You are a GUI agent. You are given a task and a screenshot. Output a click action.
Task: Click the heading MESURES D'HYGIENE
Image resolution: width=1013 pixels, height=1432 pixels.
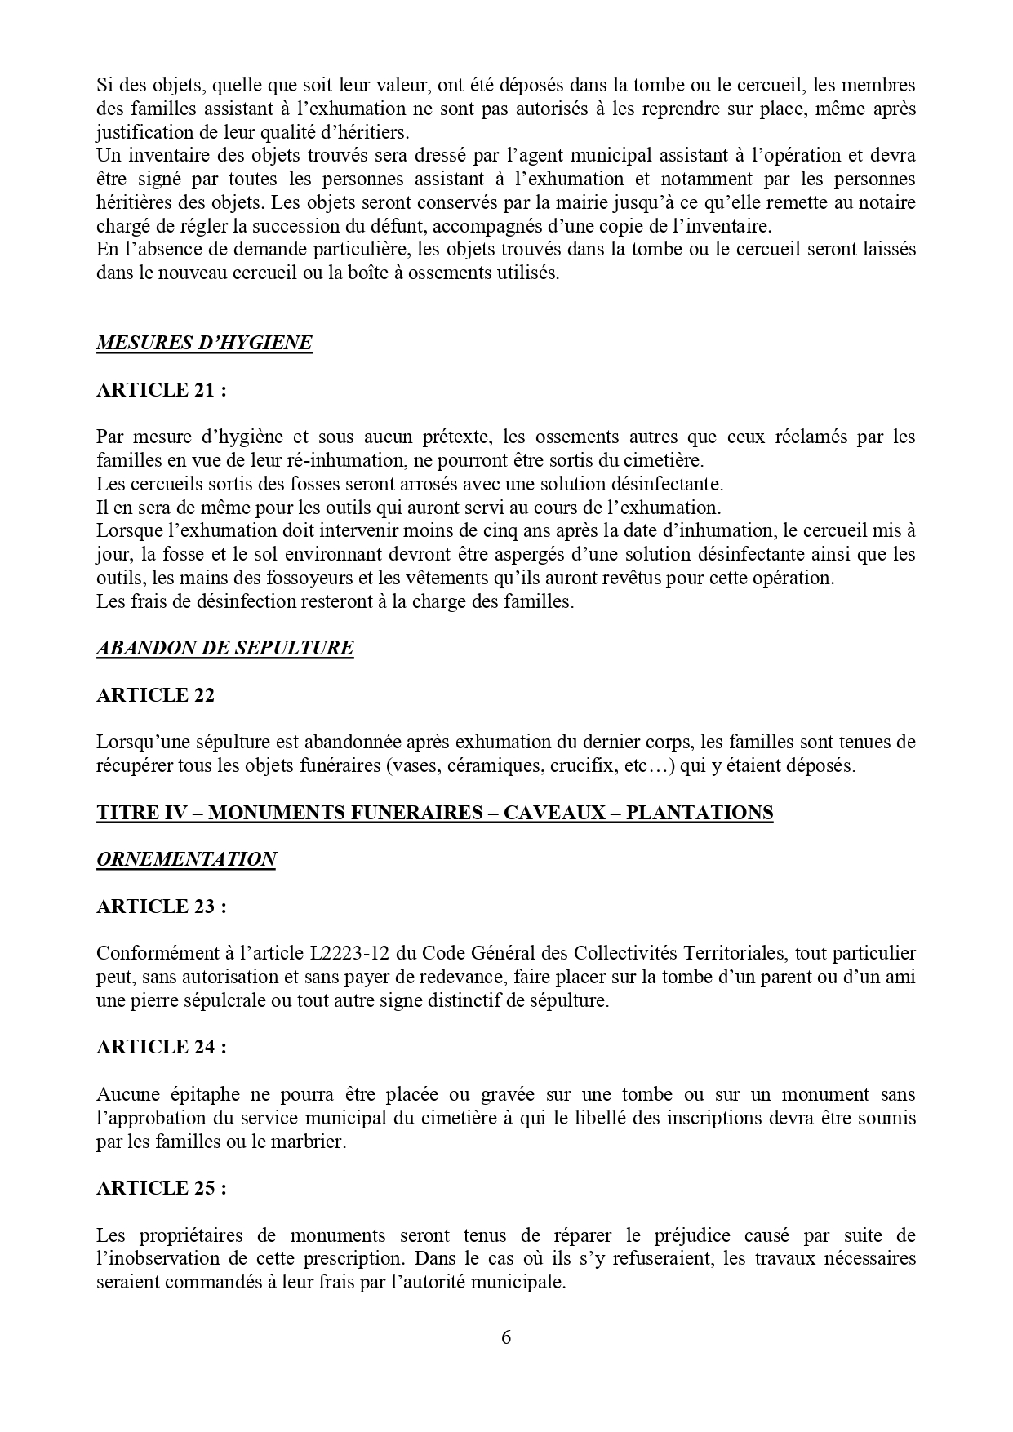tap(204, 343)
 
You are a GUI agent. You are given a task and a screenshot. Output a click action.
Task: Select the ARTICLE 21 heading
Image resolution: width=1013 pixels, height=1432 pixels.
tap(161, 390)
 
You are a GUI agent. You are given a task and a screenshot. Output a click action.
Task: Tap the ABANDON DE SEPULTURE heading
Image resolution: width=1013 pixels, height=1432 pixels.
tap(225, 648)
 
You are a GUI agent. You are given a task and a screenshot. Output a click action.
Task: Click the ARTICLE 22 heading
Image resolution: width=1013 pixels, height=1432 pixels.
tap(155, 695)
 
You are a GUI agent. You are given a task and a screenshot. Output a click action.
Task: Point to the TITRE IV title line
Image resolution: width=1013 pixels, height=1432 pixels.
tap(434, 813)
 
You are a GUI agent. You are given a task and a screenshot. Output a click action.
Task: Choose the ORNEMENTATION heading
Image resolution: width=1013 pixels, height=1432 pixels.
tap(186, 859)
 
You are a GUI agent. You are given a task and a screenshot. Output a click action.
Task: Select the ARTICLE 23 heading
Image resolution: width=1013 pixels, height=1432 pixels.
tap(161, 907)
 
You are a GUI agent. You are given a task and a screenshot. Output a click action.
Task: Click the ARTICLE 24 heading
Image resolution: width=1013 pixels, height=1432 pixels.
tap(161, 1047)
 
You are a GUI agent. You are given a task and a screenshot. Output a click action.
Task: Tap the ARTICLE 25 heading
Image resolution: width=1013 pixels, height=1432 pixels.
tap(161, 1188)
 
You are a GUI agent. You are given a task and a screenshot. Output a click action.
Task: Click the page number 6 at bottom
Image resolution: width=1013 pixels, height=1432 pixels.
tap(506, 1337)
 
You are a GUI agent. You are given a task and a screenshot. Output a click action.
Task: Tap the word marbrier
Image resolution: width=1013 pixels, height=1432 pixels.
tap(311, 1142)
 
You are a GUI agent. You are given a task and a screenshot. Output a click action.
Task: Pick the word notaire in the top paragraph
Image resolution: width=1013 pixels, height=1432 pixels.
tap(888, 202)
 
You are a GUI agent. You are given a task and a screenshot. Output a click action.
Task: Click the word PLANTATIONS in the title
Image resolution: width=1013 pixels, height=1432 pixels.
tap(699, 813)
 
